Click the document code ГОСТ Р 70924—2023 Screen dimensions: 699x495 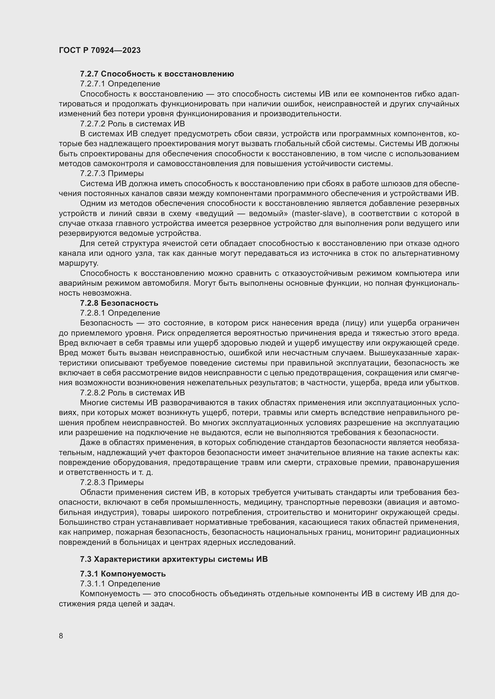pos(100,50)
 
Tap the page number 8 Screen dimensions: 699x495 pos(61,636)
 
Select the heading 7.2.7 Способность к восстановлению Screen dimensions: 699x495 pos(157,74)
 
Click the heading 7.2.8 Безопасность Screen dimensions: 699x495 pos(119,303)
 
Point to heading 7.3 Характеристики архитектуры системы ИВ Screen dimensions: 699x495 pos(174,559)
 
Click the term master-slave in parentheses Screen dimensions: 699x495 pos(318,213)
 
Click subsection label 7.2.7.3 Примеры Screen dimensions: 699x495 pos(112,174)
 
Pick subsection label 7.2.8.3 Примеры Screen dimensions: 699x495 pos(112,483)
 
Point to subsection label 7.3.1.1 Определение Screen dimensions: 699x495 pos(120,584)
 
